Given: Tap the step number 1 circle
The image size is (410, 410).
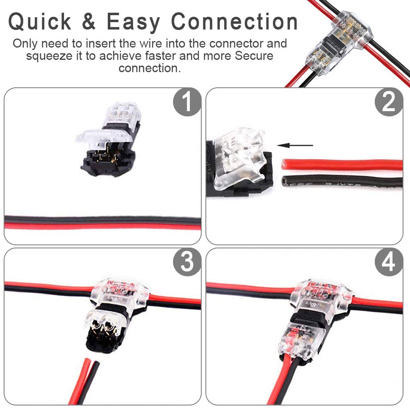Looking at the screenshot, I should click(187, 102).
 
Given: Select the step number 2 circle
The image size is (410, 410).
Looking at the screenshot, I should click(388, 102).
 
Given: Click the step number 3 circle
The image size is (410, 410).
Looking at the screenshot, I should click(187, 262).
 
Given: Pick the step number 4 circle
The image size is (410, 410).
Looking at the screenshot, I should click(388, 262).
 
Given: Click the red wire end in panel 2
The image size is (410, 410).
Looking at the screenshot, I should click(287, 165).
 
